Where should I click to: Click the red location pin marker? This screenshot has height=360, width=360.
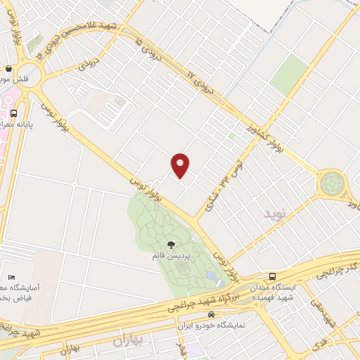tap(181, 165)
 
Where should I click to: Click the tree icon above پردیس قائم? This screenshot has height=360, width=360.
tap(171, 245)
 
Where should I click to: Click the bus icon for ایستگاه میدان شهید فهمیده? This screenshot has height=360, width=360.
tap(272, 276)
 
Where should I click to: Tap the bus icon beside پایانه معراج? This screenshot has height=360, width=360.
tap(13, 112)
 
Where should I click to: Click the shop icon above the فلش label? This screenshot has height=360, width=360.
tap(8, 69)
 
